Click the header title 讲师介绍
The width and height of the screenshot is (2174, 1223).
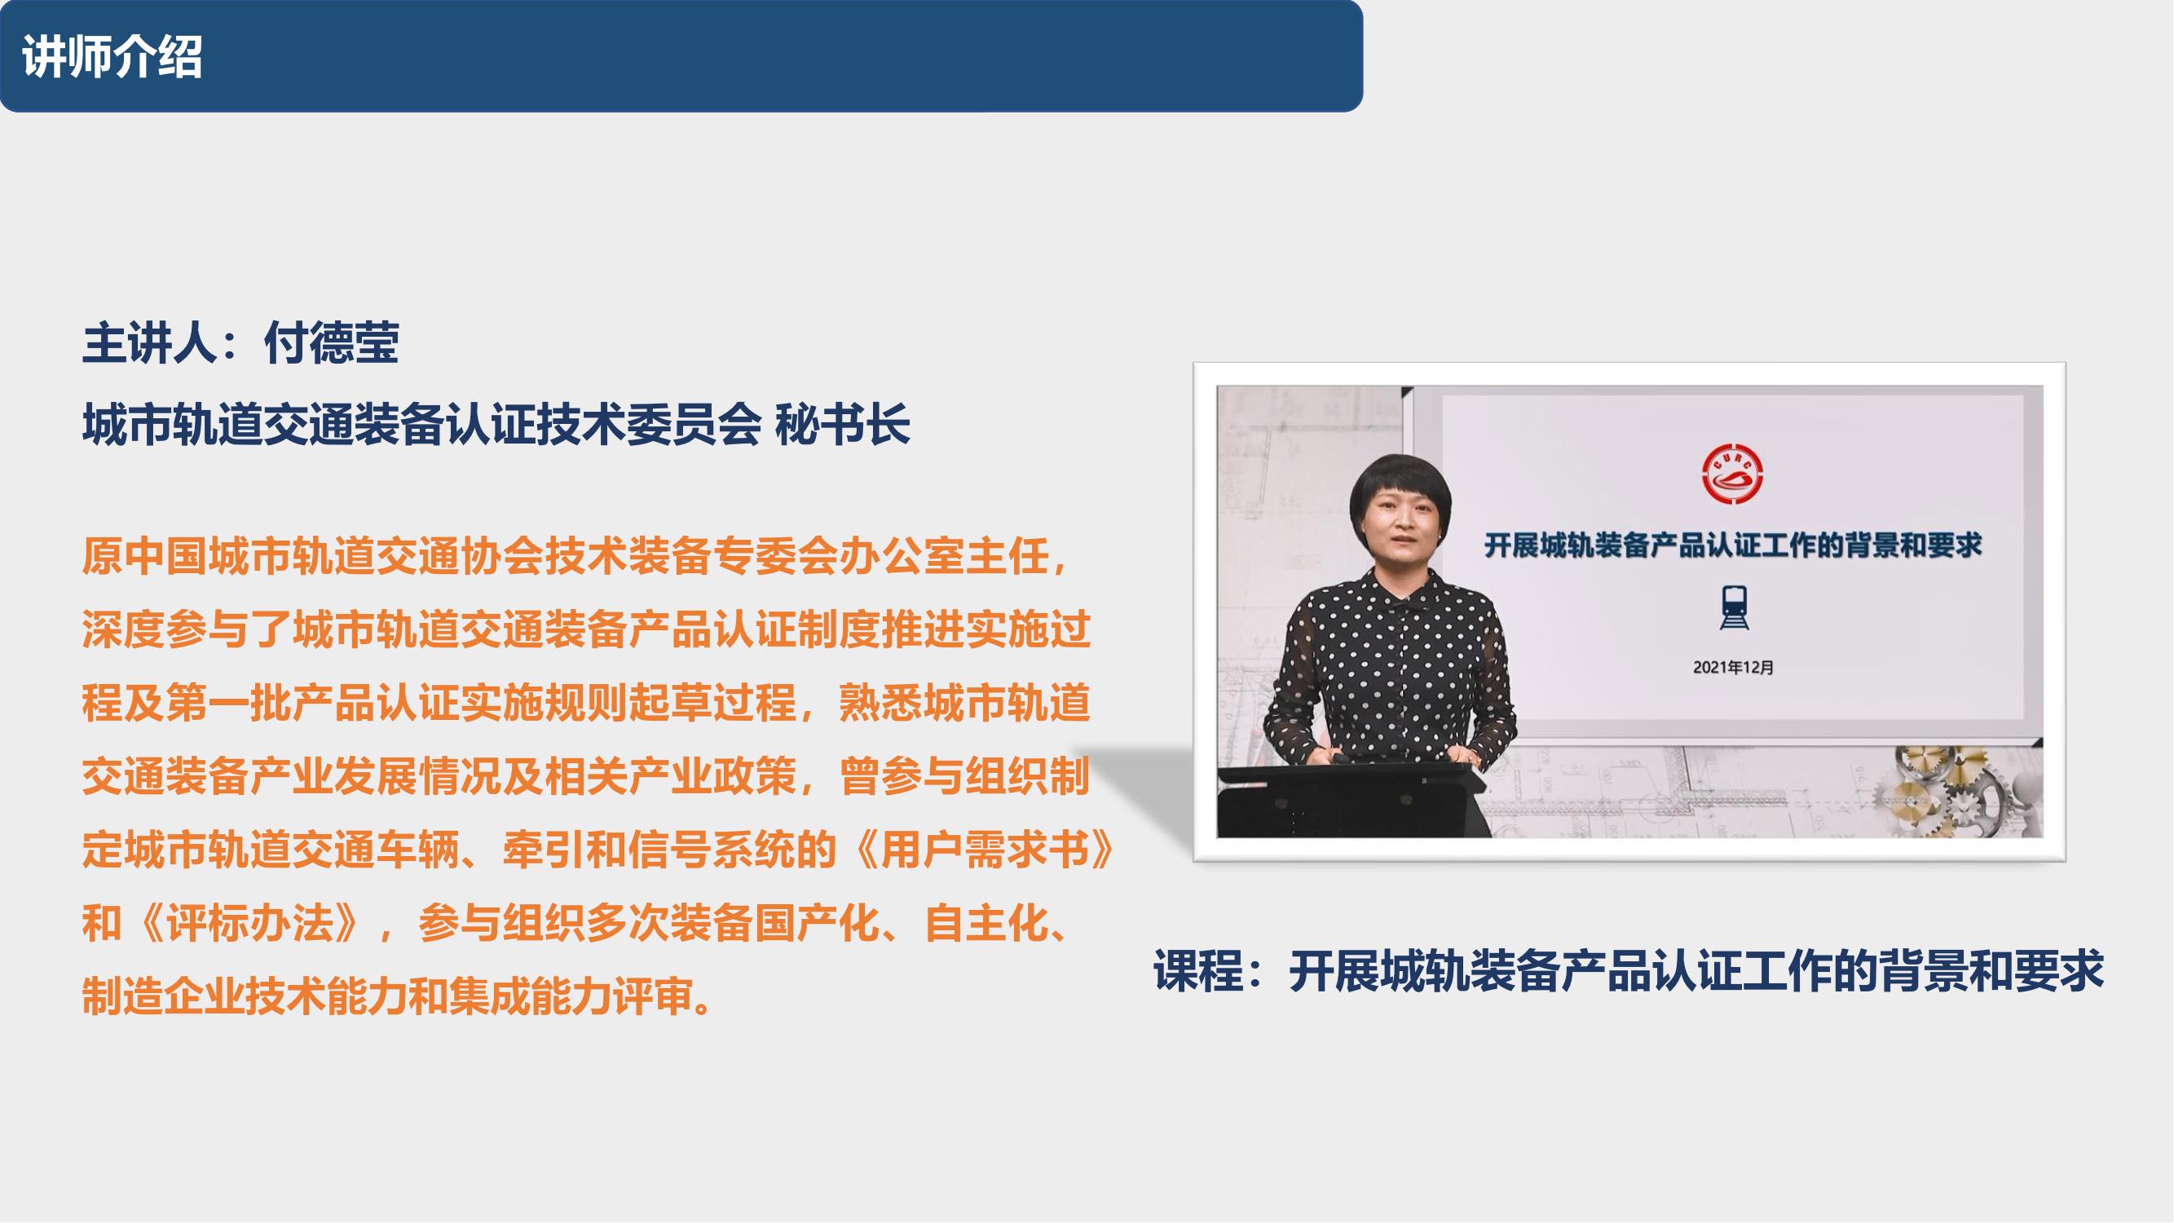113,57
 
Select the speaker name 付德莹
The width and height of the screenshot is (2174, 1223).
332,342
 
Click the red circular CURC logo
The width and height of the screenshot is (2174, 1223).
1733,475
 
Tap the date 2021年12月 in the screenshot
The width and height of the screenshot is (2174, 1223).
1734,667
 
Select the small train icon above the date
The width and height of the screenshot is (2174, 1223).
1735,608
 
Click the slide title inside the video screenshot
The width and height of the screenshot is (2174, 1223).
1733,545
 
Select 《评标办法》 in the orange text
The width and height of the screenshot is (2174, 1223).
249,924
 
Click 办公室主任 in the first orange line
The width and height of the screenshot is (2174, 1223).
943,557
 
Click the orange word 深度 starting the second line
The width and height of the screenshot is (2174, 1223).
124,629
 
